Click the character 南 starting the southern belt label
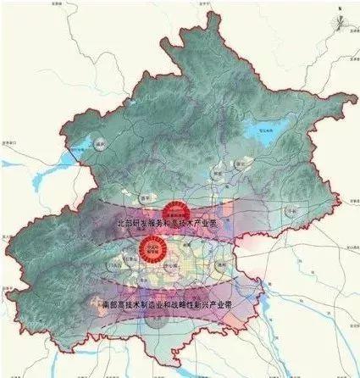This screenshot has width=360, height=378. (x=103, y=303)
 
